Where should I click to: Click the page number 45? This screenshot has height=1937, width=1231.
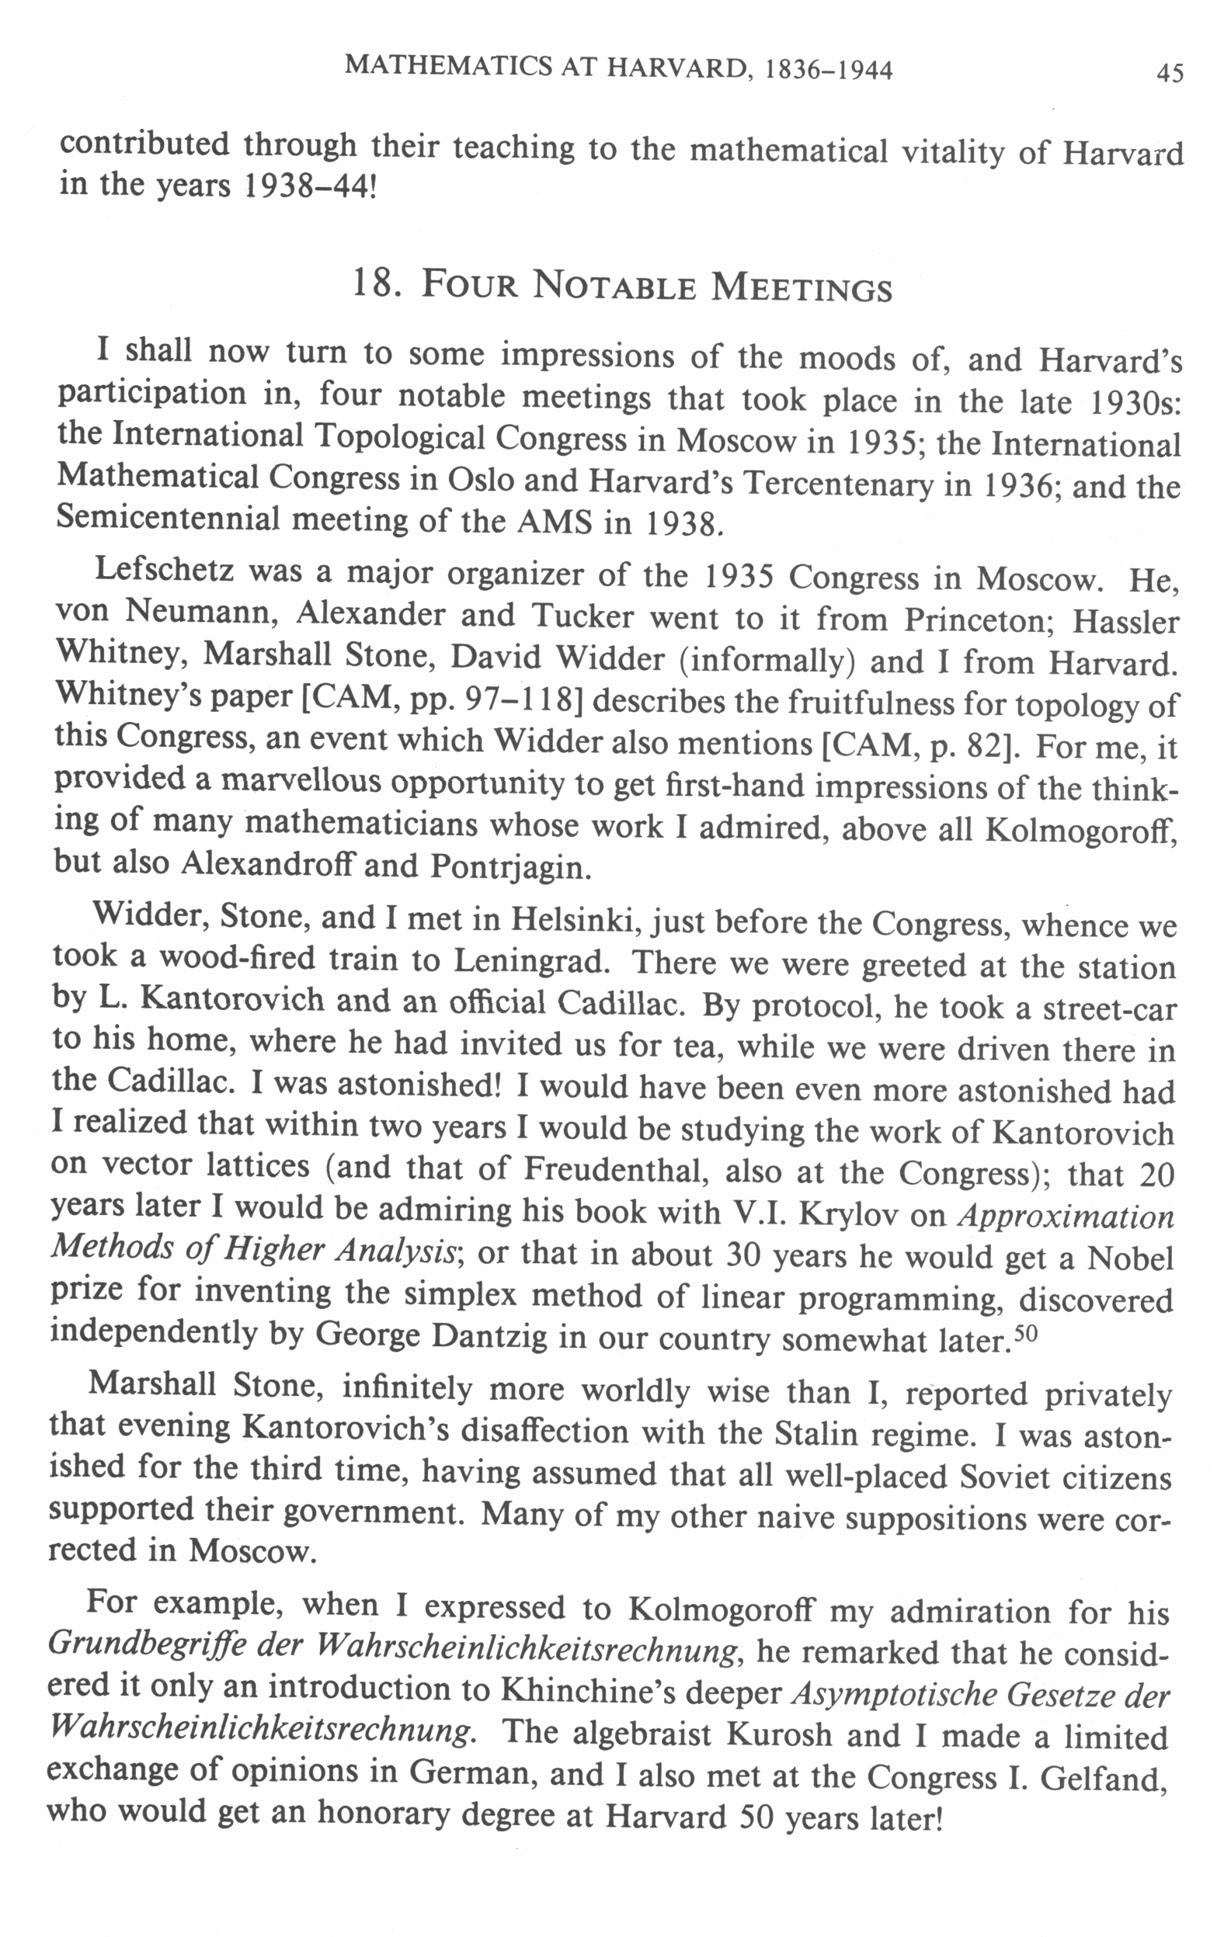point(1169,74)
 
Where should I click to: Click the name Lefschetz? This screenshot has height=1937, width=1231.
point(164,570)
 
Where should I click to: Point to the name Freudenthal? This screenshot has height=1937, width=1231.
point(615,1168)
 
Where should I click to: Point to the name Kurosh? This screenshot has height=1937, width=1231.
point(778,1734)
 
